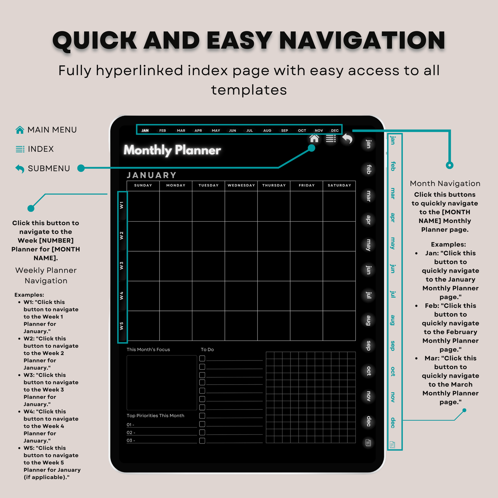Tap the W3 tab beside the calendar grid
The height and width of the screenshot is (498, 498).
coord(122,266)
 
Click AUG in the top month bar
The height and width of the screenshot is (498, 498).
coord(267,131)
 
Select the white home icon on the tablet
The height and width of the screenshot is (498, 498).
coord(314,139)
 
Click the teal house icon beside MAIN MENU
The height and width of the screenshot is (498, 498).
coord(20,130)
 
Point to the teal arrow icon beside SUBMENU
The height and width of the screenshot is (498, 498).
coord(20,169)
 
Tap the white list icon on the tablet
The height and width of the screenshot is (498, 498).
coord(331,139)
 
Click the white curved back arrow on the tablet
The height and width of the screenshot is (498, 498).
coord(347,139)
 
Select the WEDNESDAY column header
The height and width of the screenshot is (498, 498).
coord(241,185)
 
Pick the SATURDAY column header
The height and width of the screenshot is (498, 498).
coord(339,185)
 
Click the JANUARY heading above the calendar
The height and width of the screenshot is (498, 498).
coord(152,175)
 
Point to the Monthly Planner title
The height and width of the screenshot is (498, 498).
coord(172,150)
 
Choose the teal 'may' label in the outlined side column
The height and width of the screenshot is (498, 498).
coord(393,243)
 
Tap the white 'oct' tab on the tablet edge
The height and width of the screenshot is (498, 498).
coord(369,371)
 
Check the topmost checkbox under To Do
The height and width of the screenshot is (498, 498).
coord(202,358)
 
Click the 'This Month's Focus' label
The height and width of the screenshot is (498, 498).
coord(148,349)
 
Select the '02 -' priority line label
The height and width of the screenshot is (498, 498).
coord(131,433)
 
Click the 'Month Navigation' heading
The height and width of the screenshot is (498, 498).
coord(445,184)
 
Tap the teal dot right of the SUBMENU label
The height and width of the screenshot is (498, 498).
coord(81,168)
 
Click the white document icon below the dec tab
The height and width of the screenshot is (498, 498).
coord(368,443)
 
